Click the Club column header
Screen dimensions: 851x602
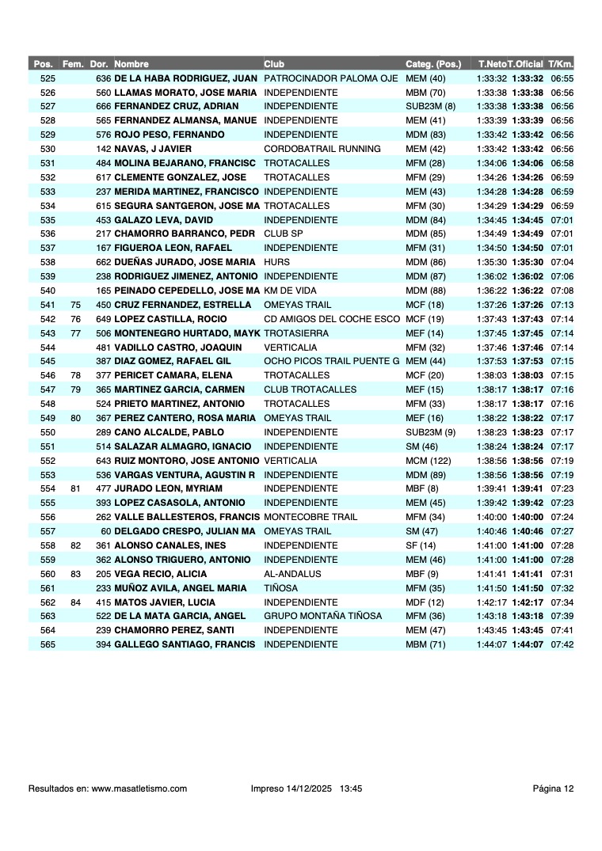[x=274, y=63]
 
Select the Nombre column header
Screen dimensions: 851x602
[x=131, y=63]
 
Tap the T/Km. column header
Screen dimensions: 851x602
[x=561, y=63]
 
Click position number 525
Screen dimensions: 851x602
[x=48, y=78]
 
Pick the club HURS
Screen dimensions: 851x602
[x=274, y=262]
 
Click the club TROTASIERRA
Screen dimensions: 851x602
[x=295, y=333]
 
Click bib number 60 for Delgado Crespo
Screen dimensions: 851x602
[x=106, y=531]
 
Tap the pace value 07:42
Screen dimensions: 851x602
[x=562, y=644]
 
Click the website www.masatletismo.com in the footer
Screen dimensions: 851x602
[x=139, y=788]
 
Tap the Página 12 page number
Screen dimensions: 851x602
[x=553, y=788]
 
